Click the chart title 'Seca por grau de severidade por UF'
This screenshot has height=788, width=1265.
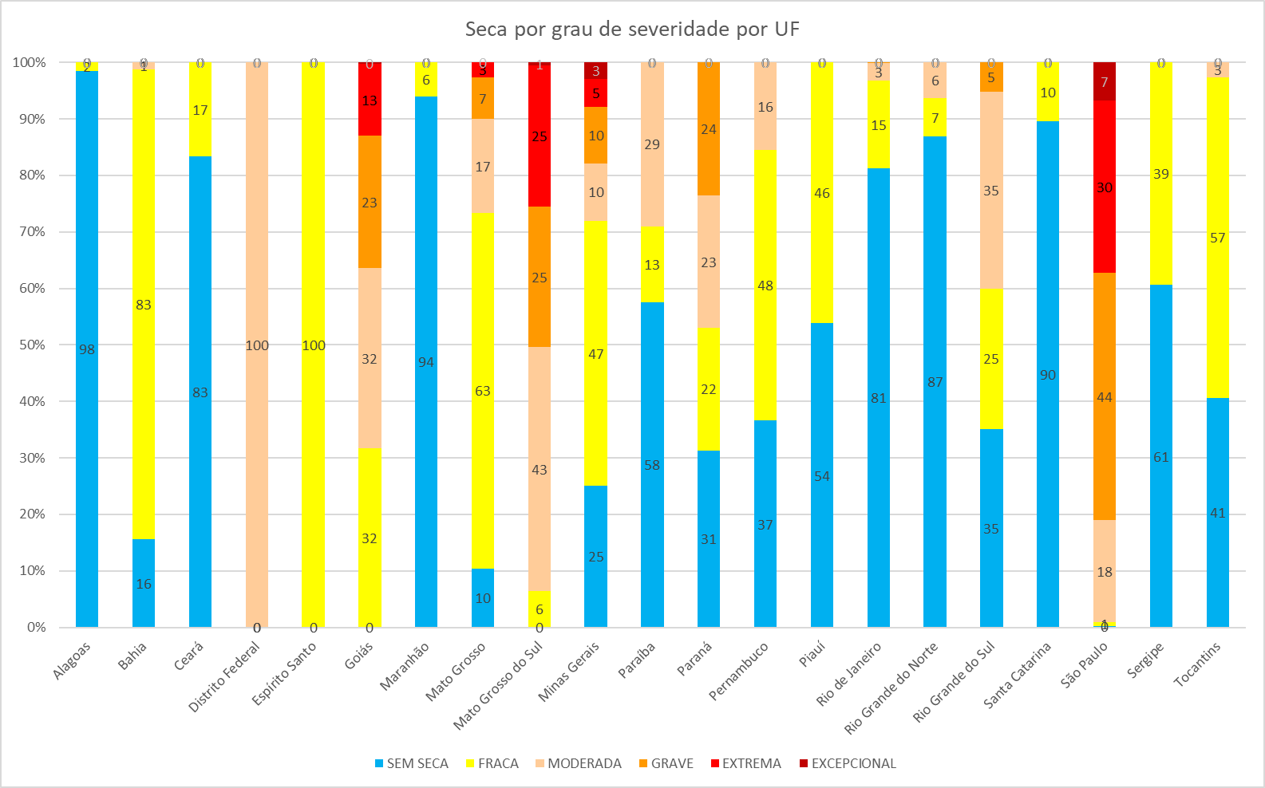[x=632, y=30]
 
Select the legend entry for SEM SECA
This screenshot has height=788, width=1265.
[x=411, y=763]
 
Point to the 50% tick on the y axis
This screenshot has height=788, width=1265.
[x=30, y=345]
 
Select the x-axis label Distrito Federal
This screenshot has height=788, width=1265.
[x=225, y=677]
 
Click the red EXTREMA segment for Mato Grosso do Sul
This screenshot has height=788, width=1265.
[x=540, y=160]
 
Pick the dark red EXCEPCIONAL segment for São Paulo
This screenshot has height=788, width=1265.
[x=1105, y=81]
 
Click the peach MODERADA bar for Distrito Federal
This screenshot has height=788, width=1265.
[x=257, y=239]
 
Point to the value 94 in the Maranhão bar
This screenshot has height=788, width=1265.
[x=426, y=362]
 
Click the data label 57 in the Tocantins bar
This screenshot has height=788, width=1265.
[x=1217, y=238]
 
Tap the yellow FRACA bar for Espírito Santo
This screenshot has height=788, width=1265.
[x=314, y=239]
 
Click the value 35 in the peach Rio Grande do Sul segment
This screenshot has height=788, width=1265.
[x=991, y=191]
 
